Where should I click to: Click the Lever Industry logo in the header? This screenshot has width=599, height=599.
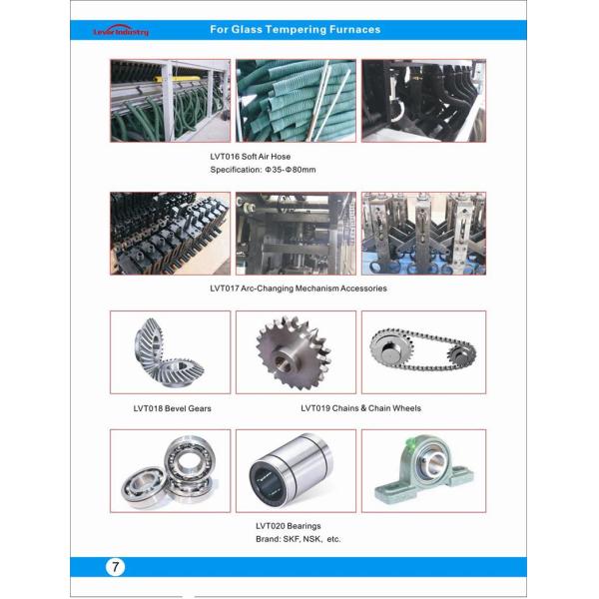click(121, 31)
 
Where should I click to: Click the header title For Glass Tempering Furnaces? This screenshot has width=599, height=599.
click(296, 29)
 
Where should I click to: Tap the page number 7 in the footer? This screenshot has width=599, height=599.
click(116, 566)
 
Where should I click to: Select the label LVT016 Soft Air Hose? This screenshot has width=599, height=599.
click(251, 157)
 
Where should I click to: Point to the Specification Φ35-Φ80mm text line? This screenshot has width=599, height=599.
click(263, 170)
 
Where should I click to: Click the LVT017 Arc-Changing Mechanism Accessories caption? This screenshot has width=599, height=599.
click(299, 289)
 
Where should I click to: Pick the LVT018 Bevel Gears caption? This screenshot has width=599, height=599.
click(173, 408)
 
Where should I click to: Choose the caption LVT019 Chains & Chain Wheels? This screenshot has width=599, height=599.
click(361, 408)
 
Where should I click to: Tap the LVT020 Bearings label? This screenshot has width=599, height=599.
click(289, 526)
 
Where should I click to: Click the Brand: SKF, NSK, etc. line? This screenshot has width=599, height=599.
click(298, 539)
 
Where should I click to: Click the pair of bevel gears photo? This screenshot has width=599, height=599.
click(170, 352)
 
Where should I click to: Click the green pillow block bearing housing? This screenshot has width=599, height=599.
click(424, 468)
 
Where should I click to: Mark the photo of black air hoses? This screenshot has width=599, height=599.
click(423, 101)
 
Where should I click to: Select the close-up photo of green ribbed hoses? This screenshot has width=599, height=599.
click(296, 101)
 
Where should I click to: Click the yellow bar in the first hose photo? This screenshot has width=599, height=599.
click(177, 79)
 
